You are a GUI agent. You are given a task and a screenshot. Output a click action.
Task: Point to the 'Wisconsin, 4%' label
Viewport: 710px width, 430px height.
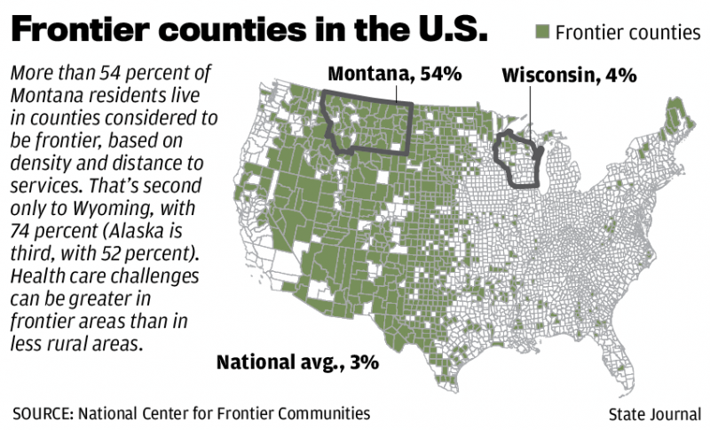569,75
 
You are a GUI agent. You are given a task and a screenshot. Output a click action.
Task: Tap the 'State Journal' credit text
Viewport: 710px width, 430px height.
655,414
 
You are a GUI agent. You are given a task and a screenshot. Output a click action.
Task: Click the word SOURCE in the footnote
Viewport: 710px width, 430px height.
43,413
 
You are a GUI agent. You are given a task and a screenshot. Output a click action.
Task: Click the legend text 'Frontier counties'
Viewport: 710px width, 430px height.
627,33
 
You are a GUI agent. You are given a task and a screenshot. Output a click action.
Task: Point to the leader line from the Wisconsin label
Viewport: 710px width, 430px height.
531,111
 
